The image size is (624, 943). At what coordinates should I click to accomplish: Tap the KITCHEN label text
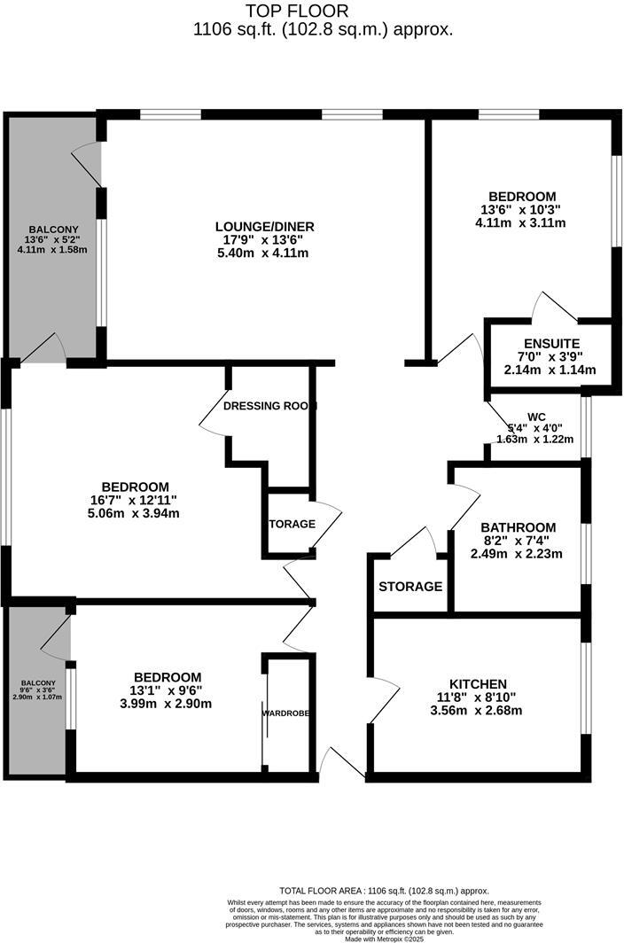(x=478, y=683)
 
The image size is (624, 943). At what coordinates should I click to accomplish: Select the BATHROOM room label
(x=519, y=526)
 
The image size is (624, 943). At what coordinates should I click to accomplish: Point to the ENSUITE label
(x=551, y=344)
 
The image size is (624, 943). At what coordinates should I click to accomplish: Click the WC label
(x=536, y=416)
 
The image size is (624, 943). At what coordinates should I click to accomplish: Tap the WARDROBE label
(x=285, y=712)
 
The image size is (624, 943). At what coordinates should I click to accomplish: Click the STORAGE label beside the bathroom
(x=410, y=587)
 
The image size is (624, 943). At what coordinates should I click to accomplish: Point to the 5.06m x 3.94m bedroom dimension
(x=136, y=513)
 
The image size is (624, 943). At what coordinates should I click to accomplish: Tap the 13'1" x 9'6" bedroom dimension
(x=168, y=690)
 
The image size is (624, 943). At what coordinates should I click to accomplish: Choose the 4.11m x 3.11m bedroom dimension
(x=522, y=222)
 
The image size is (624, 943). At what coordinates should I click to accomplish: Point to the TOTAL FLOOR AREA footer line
(x=384, y=891)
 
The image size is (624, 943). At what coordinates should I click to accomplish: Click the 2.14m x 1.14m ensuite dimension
(x=551, y=370)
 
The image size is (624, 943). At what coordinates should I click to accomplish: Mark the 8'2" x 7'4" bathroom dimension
(x=519, y=541)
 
